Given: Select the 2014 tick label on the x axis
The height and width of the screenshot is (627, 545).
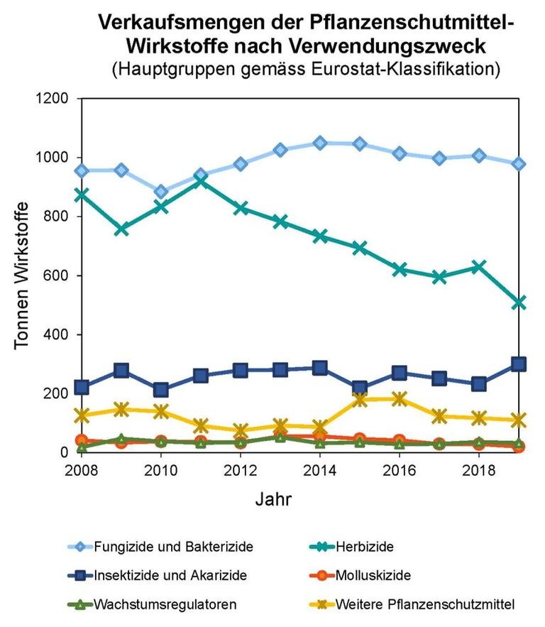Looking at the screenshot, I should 320,471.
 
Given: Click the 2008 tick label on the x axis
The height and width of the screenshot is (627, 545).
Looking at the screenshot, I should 82,471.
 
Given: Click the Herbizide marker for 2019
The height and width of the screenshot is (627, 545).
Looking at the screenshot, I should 519,303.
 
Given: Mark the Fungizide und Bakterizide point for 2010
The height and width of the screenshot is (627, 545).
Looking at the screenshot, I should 161,192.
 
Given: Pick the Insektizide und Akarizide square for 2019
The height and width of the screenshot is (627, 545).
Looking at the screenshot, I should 519,364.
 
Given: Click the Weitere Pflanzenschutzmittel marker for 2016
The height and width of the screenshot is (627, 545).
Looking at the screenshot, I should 400,398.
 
